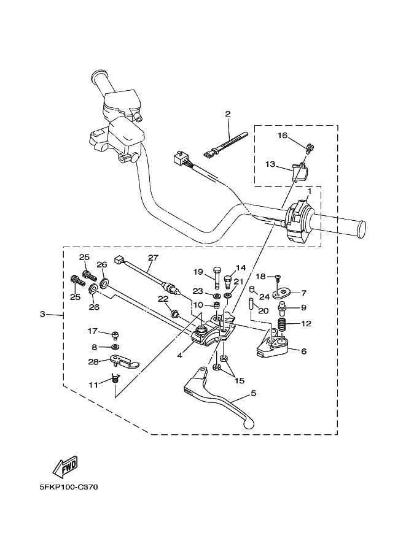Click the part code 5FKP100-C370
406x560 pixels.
point(67,488)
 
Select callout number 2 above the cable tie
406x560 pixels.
point(227,113)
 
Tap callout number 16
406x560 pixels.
point(282,135)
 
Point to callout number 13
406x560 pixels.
point(270,164)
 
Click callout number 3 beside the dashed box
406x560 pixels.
point(42,314)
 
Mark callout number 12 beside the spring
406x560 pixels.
point(306,323)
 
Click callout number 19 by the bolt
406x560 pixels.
point(198,272)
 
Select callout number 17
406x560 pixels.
point(93,331)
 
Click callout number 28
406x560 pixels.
point(93,362)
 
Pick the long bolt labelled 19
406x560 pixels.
point(217,279)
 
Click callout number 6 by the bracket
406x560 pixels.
point(303,351)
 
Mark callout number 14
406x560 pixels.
point(240,268)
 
